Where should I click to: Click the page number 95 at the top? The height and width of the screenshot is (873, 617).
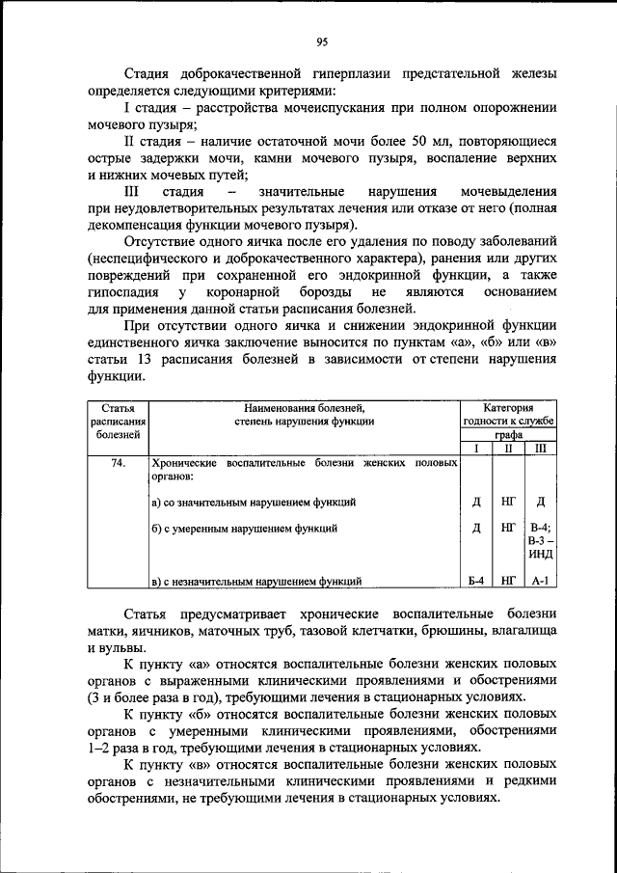point(322,41)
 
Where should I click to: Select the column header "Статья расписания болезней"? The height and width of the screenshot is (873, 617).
point(119,421)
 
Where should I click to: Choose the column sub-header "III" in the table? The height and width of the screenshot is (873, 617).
point(541,449)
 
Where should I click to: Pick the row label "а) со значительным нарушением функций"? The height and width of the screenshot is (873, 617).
point(255,502)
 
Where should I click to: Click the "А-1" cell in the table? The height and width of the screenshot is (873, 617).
point(541,581)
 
